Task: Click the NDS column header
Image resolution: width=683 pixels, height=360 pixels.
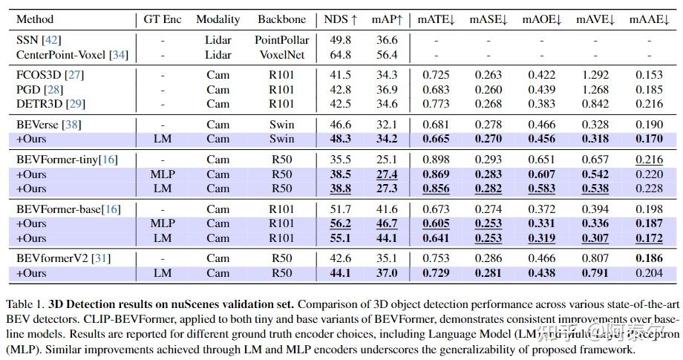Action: [x=341, y=19]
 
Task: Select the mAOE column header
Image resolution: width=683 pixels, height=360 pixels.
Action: [x=542, y=19]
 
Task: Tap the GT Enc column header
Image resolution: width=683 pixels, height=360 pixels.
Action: [x=162, y=19]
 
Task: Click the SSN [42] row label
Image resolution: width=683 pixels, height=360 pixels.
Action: [x=37, y=40]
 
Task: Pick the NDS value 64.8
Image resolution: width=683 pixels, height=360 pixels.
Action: [x=341, y=54]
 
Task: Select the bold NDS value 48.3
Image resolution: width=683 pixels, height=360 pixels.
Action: [x=341, y=139]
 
